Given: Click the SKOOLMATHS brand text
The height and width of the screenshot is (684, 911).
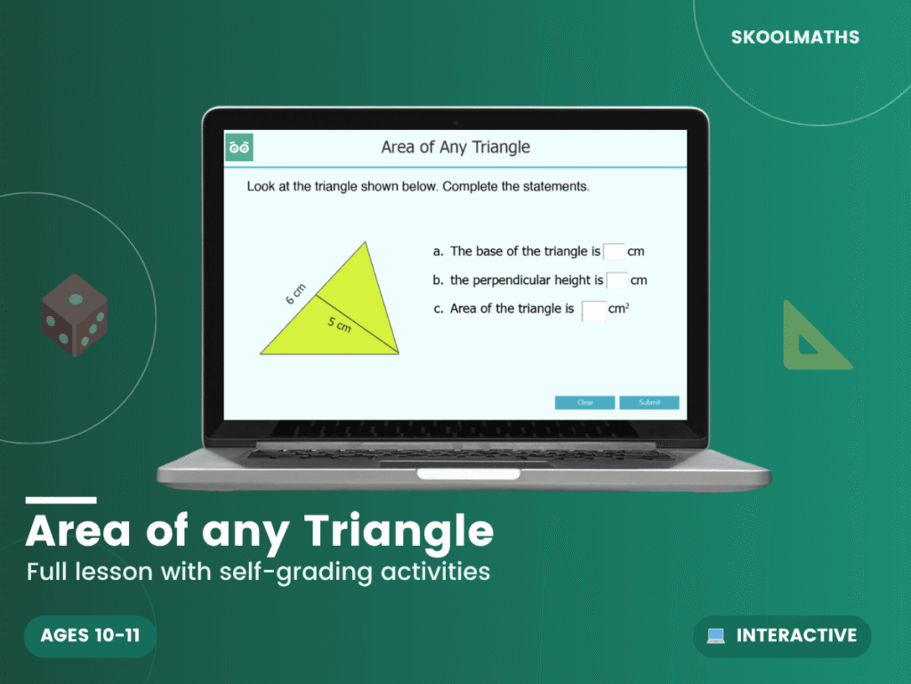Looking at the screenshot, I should pyautogui.click(x=795, y=37).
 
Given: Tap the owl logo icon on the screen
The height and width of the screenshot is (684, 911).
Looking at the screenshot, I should pyautogui.click(x=239, y=147).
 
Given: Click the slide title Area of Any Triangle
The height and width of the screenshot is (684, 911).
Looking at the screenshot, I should pyautogui.click(x=455, y=147).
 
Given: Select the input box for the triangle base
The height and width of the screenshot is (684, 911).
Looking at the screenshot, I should pyautogui.click(x=614, y=251).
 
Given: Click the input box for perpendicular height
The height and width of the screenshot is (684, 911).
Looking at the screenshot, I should pyautogui.click(x=617, y=281).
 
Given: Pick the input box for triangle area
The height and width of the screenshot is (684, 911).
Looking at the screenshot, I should pyautogui.click(x=593, y=310).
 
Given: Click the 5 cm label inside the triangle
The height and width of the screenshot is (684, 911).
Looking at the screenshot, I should pyautogui.click(x=339, y=324).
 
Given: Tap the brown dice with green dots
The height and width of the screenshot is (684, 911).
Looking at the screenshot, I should pyautogui.click(x=75, y=315).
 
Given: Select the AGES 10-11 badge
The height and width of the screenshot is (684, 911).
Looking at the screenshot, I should pyautogui.click(x=90, y=635).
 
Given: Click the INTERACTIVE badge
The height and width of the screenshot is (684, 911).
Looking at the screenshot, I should pyautogui.click(x=782, y=635).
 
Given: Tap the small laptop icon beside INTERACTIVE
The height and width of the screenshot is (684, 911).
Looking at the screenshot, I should pyautogui.click(x=716, y=636).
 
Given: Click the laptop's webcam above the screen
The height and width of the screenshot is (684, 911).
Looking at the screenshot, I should pyautogui.click(x=455, y=121).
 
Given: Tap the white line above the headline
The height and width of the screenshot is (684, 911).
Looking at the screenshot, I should pyautogui.click(x=60, y=501).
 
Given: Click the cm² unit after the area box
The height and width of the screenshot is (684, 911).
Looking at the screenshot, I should pyautogui.click(x=619, y=309).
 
